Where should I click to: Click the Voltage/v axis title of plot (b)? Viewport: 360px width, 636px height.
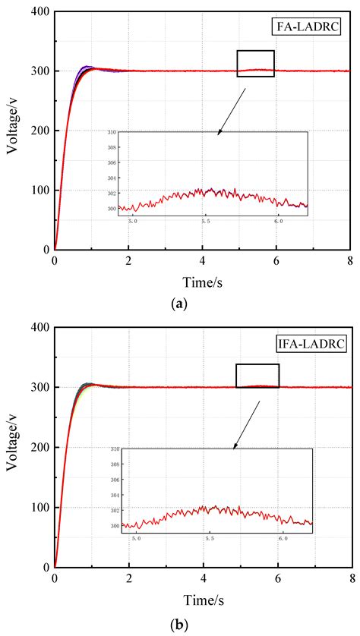coord(13,445)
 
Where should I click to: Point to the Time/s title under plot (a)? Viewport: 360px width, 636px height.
coord(202,283)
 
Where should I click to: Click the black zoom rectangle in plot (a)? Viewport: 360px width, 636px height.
coord(255,63)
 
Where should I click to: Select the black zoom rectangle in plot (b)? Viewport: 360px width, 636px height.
coord(257,376)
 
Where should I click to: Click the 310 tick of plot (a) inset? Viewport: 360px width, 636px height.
coord(111,132)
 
